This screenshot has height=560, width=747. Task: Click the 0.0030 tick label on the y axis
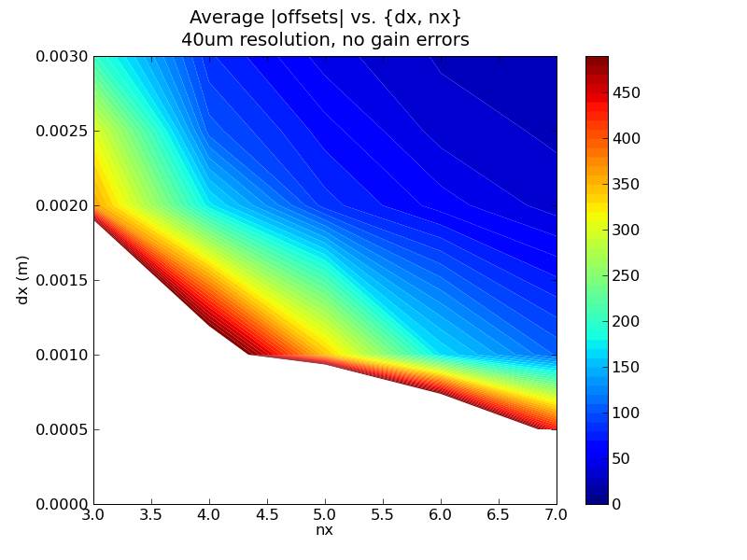click(x=62, y=56)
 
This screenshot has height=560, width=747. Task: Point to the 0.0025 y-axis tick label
click(x=62, y=131)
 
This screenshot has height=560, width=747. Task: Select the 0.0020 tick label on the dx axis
click(x=62, y=205)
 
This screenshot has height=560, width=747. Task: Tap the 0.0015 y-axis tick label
click(x=62, y=280)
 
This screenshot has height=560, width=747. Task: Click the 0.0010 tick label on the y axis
click(x=62, y=355)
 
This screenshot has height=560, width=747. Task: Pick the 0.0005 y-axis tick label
click(x=62, y=429)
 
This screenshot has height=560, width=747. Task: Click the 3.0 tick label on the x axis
click(x=93, y=514)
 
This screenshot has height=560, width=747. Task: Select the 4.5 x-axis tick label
click(x=267, y=514)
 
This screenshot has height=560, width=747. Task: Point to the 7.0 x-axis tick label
click(x=557, y=514)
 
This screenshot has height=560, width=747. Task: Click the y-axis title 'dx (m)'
click(x=22, y=280)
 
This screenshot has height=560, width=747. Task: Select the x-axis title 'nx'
click(x=324, y=530)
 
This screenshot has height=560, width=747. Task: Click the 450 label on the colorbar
click(x=629, y=92)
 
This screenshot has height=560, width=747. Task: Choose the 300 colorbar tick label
click(x=629, y=230)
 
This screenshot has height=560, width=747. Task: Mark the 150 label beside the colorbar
click(x=629, y=367)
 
